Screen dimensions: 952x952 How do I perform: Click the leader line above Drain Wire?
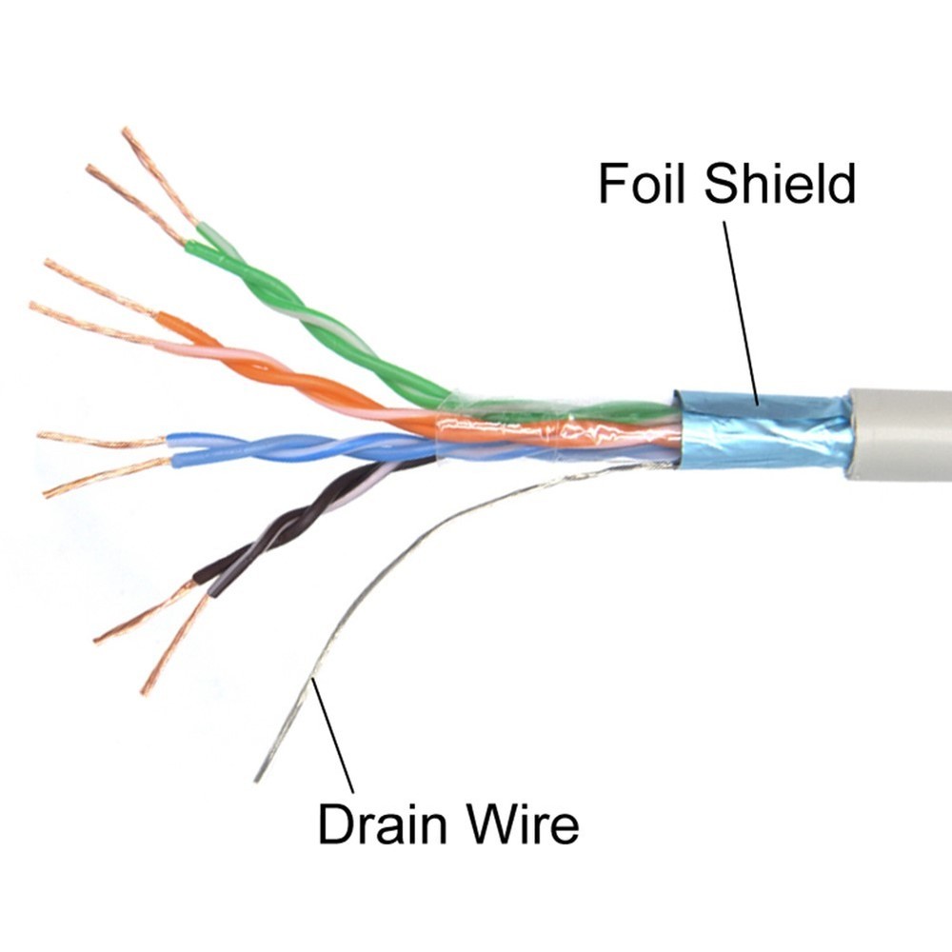point(333,733)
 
